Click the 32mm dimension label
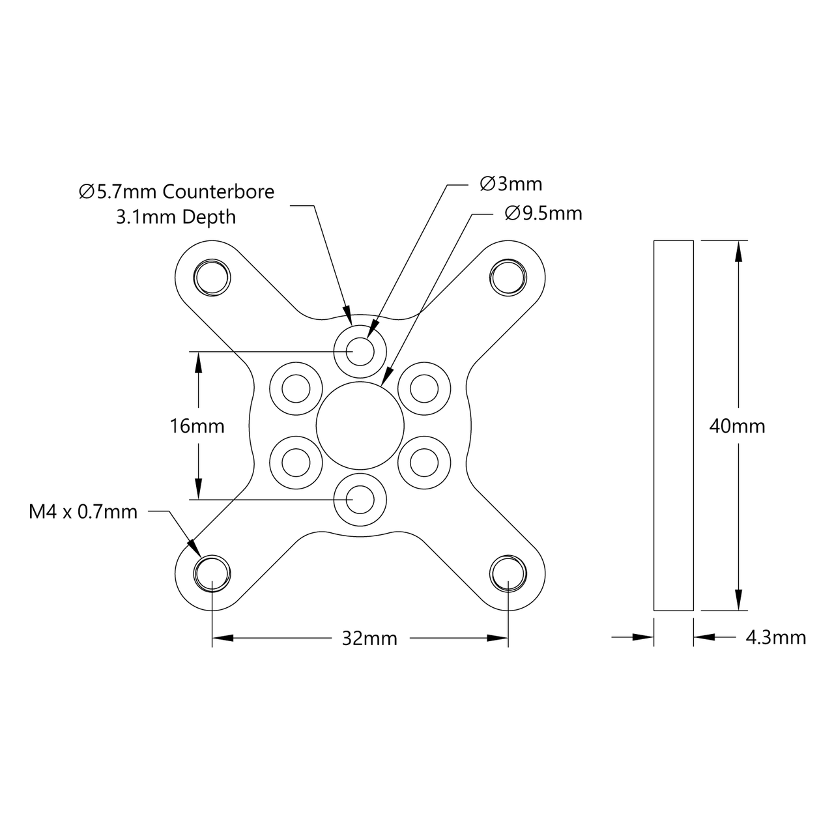(x=369, y=639)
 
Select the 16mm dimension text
(x=197, y=426)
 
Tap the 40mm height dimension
(x=738, y=426)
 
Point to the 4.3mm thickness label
(x=775, y=637)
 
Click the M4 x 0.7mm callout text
(x=83, y=512)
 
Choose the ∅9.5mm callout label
(x=543, y=213)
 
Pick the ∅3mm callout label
(x=511, y=184)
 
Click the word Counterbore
(x=218, y=192)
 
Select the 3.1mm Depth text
(x=176, y=217)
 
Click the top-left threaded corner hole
(x=212, y=277)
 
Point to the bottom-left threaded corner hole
(x=212, y=573)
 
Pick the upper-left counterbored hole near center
(x=296, y=389)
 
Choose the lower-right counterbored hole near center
(x=424, y=463)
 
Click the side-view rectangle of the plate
(x=673, y=425)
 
